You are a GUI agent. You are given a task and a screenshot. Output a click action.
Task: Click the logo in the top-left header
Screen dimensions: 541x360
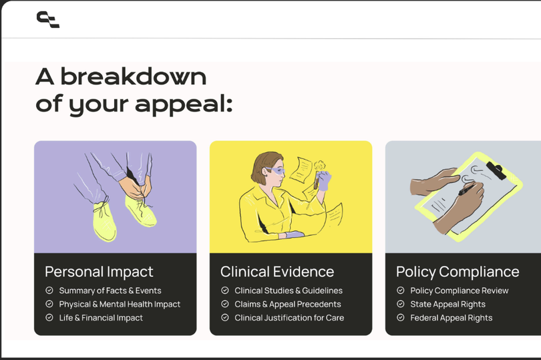(48, 19)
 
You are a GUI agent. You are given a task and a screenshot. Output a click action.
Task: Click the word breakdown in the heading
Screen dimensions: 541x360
(134, 77)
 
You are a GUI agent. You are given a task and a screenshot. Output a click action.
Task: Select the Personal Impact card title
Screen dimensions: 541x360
(99, 272)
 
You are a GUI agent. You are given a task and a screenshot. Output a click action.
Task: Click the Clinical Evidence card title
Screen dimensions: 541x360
(277, 272)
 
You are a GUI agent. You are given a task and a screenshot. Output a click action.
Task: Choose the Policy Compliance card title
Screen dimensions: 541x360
(458, 272)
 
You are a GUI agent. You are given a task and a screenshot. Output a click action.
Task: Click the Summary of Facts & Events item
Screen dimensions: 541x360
(110, 291)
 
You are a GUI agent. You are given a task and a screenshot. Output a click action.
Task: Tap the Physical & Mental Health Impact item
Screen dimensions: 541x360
(120, 304)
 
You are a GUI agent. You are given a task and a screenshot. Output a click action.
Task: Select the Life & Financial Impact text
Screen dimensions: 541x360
(101, 317)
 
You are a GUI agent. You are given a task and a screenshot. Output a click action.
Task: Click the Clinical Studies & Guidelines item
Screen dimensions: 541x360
(289, 291)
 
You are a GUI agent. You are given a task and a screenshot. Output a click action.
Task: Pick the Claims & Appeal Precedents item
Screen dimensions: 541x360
(288, 304)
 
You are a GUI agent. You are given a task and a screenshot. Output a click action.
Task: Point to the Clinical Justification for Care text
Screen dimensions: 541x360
(289, 317)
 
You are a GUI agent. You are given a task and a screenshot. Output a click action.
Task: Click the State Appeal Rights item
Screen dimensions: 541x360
(448, 304)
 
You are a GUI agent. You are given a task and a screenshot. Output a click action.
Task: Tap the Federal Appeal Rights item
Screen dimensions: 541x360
(452, 317)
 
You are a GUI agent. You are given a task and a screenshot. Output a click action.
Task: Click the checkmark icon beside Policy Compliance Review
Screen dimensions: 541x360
(401, 291)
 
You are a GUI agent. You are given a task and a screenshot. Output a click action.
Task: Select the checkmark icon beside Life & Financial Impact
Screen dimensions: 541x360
(49, 317)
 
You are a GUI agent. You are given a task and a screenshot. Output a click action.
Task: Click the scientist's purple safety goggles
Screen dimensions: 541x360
(276, 171)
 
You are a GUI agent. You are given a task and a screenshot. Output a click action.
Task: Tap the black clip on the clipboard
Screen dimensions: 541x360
(496, 170)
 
